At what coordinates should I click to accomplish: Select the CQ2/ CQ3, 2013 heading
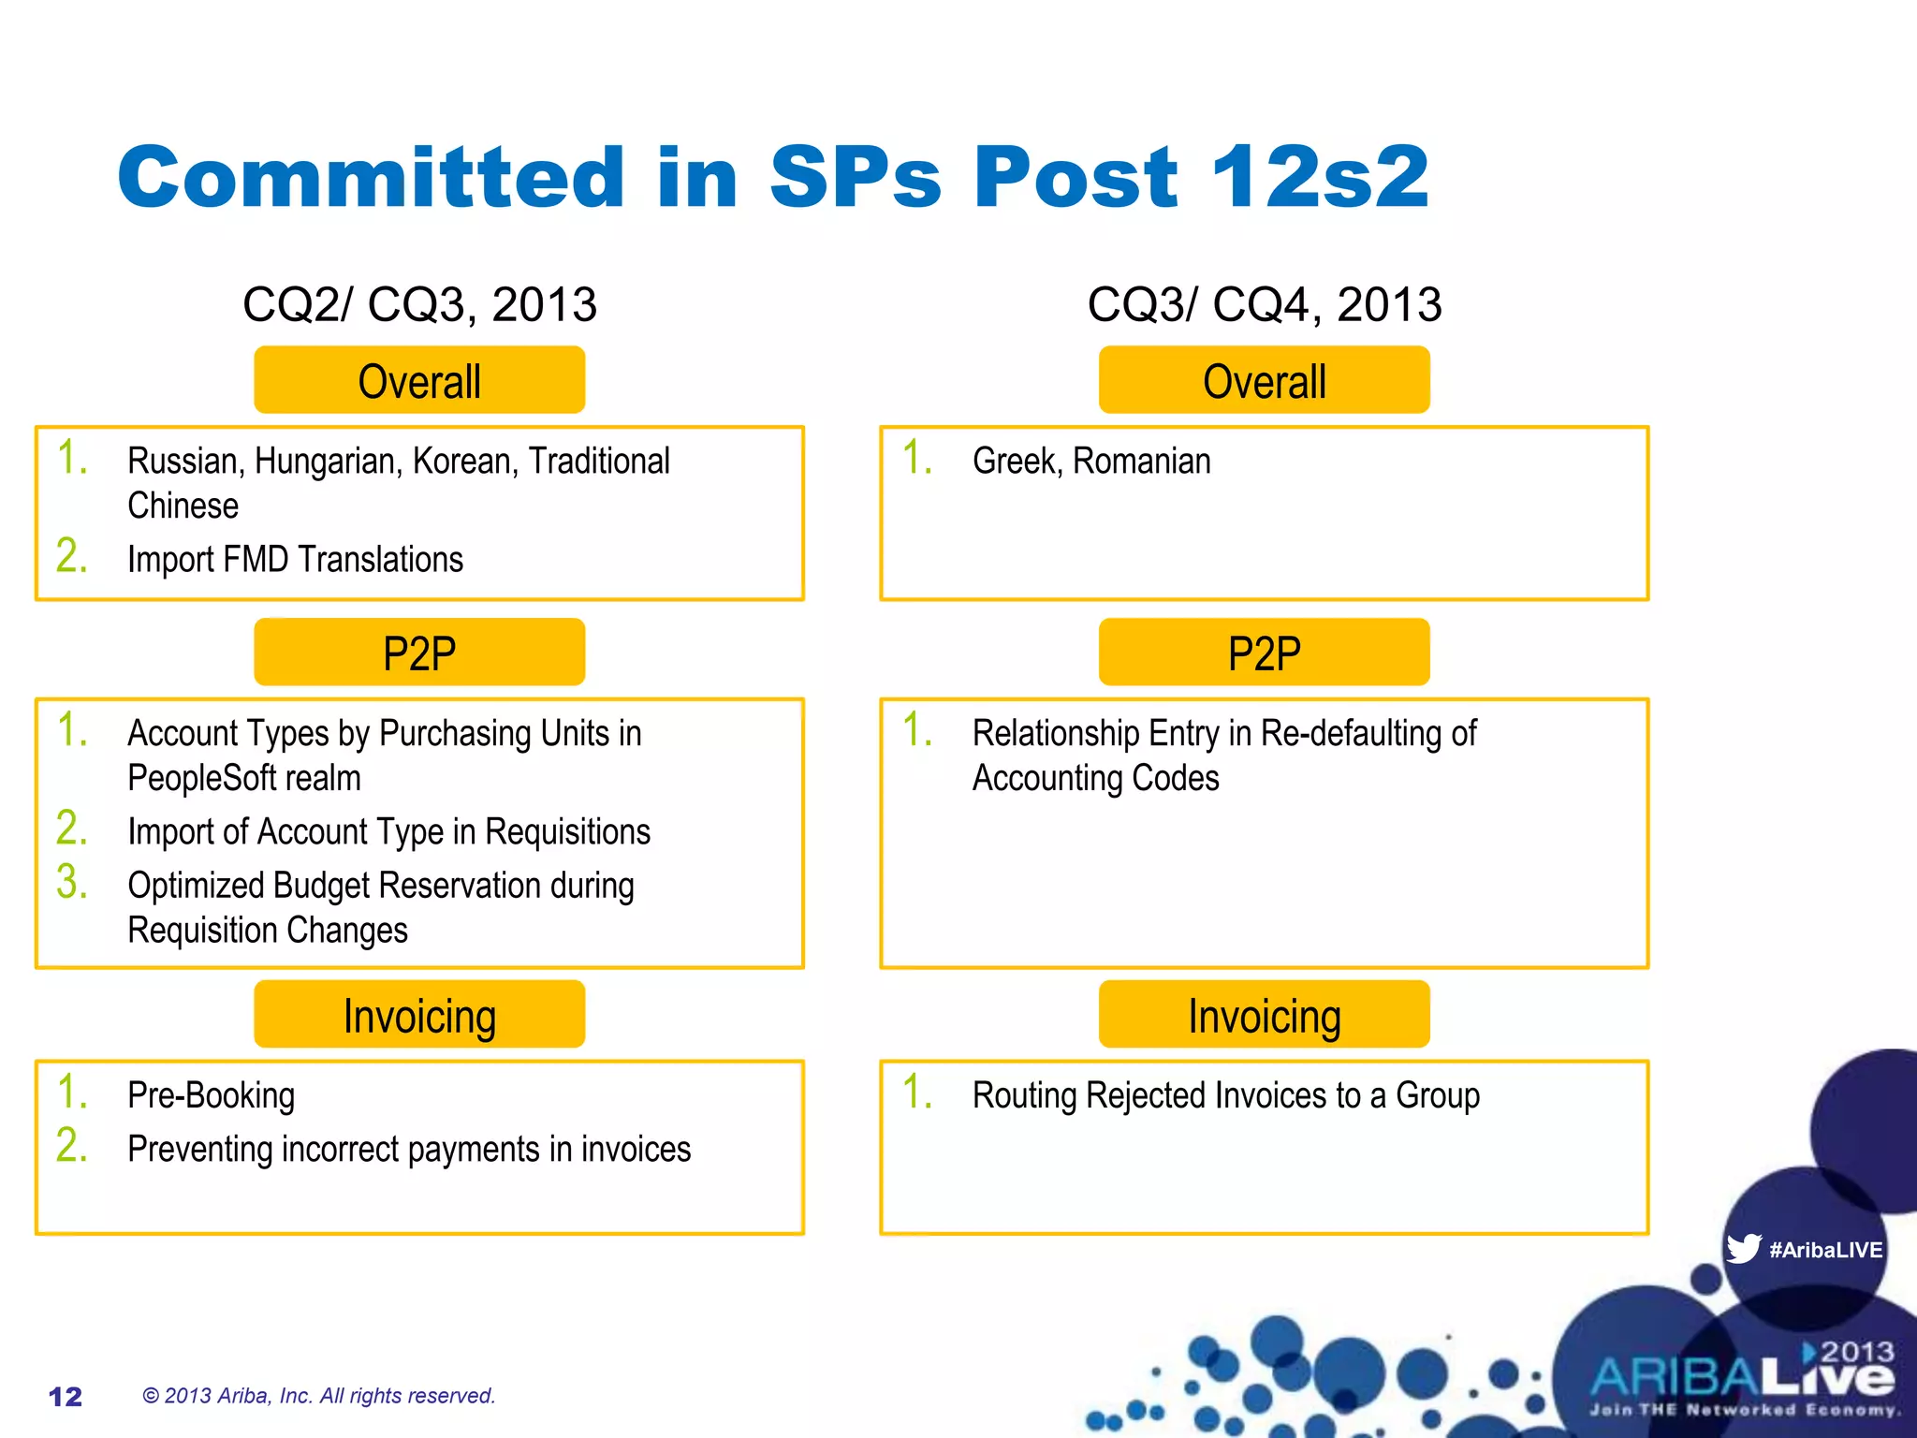coord(419,304)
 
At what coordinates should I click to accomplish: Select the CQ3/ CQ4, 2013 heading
coord(1265,304)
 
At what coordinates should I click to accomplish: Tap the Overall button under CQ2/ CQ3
coord(419,381)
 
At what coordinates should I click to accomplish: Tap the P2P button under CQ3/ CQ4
coord(1265,653)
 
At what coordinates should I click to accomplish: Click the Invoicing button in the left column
coord(419,1015)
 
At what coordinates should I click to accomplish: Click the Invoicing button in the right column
coord(1265,1015)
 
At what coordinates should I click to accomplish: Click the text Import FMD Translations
coord(295,560)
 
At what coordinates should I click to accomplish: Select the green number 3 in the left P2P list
coord(71,882)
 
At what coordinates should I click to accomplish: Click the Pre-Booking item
coord(211,1095)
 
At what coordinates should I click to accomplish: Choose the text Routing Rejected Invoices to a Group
coord(1226,1095)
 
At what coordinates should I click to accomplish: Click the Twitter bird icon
coord(1743,1249)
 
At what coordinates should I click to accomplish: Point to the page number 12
coord(66,1397)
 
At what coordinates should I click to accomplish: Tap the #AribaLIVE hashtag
coord(1825,1250)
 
